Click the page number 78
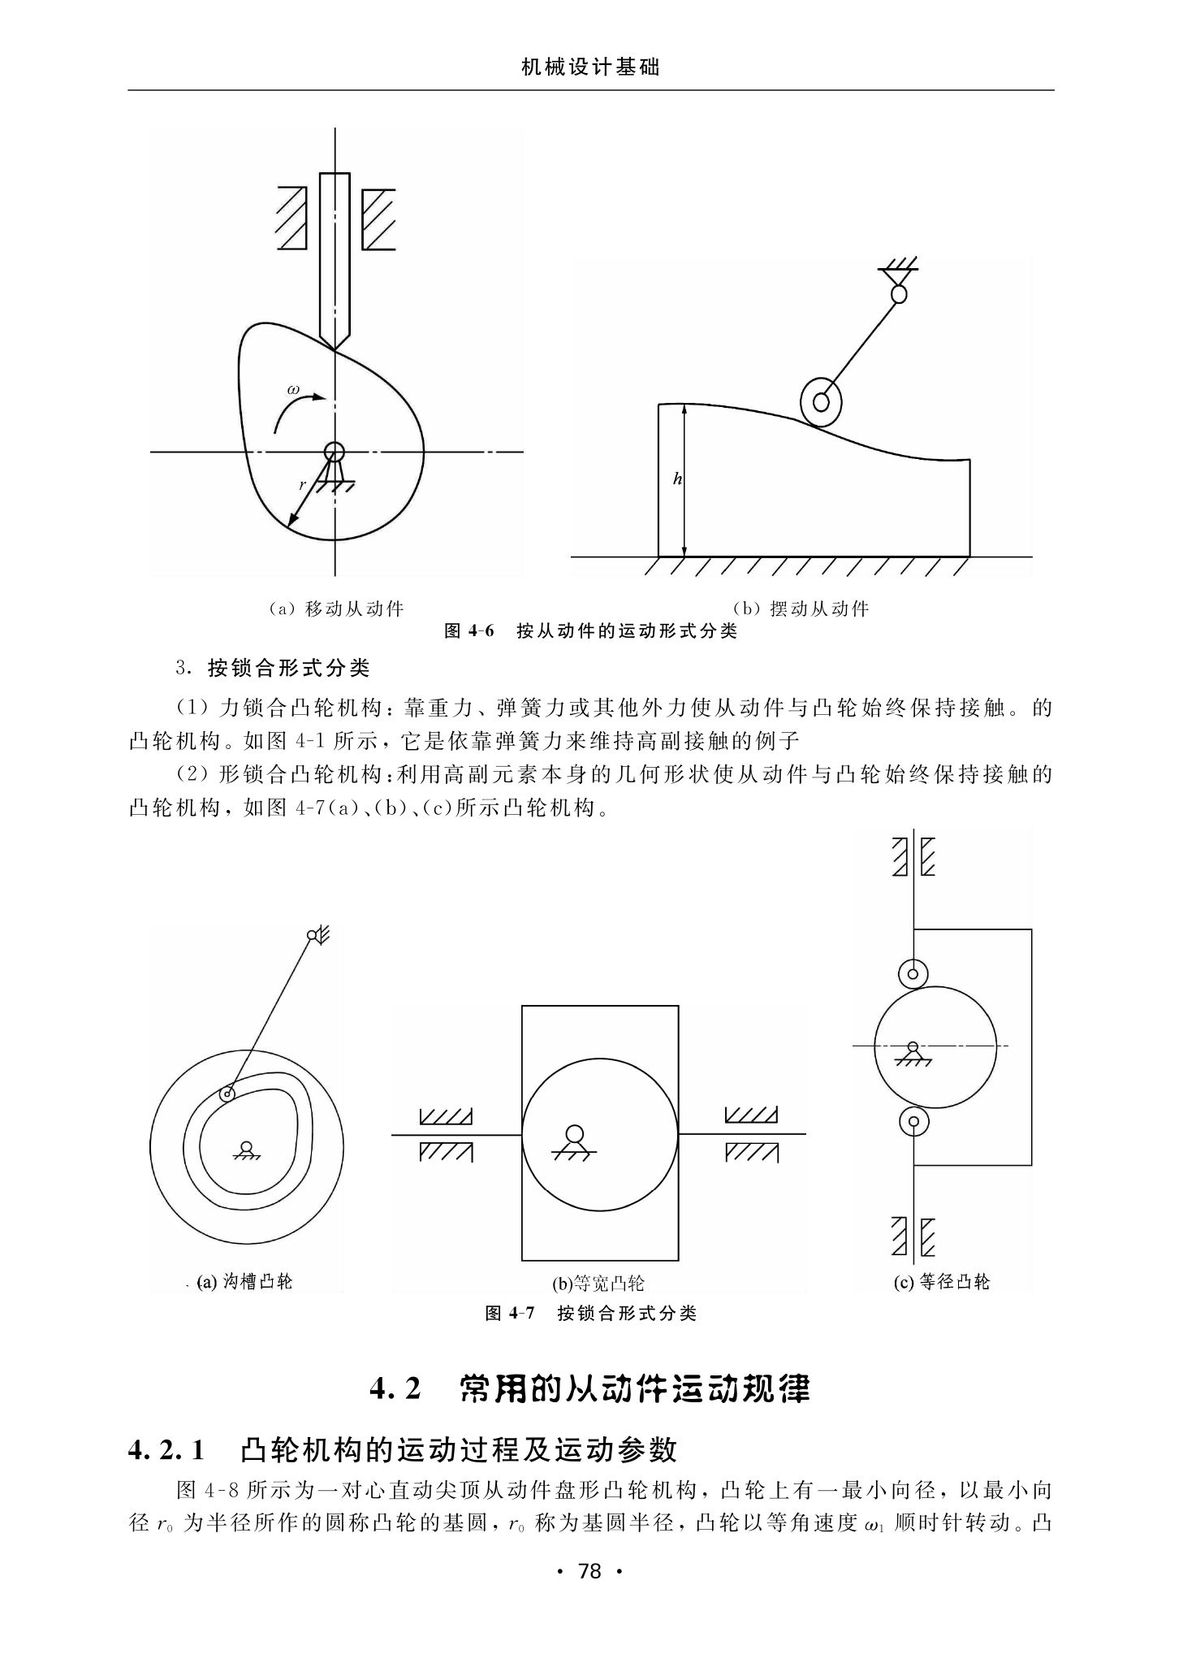coord(589,1570)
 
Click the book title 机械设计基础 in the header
coord(590,67)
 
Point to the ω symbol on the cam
coord(293,391)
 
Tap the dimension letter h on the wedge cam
coord(677,479)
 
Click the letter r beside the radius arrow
coord(303,485)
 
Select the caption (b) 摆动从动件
coord(801,608)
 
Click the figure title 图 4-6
coord(469,631)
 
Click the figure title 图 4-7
coord(510,1313)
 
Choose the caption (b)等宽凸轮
coord(598,1284)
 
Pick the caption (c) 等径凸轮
coord(942,1282)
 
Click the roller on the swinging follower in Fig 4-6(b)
coord(820,401)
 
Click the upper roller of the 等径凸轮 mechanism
coord(913,972)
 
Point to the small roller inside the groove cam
coord(227,1094)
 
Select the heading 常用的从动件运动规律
coord(636,1388)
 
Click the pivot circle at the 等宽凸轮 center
coord(575,1133)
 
